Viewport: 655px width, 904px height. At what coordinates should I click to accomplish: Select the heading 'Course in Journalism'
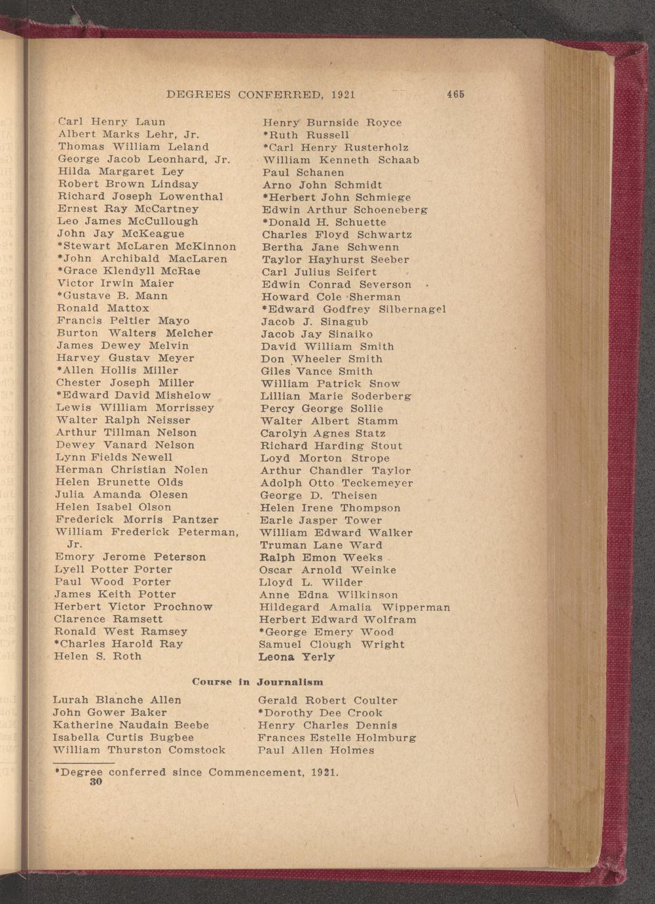point(257,682)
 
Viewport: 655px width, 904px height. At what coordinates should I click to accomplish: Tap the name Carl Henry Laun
point(111,122)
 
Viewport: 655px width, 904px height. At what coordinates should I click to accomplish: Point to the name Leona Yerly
point(297,656)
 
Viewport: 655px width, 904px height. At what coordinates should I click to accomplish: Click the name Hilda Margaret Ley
point(121,172)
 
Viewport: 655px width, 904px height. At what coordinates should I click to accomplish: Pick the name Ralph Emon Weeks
point(321,557)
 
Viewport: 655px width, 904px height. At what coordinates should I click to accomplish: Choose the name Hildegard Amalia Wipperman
point(355,607)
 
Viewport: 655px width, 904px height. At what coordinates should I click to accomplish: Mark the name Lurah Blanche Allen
point(117,700)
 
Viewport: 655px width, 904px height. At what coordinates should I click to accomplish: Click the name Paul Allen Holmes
point(316,750)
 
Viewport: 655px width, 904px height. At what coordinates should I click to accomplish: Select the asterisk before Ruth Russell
point(265,135)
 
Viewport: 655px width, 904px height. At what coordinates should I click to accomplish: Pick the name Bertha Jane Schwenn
point(330,247)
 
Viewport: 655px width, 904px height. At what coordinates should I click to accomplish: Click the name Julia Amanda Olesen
point(122,495)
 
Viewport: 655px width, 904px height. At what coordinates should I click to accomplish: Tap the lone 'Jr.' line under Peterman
point(75,544)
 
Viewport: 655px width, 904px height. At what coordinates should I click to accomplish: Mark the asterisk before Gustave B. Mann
point(60,296)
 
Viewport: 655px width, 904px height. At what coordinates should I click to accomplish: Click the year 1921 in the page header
point(343,94)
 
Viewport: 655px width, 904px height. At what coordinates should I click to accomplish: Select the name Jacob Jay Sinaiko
point(317,334)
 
